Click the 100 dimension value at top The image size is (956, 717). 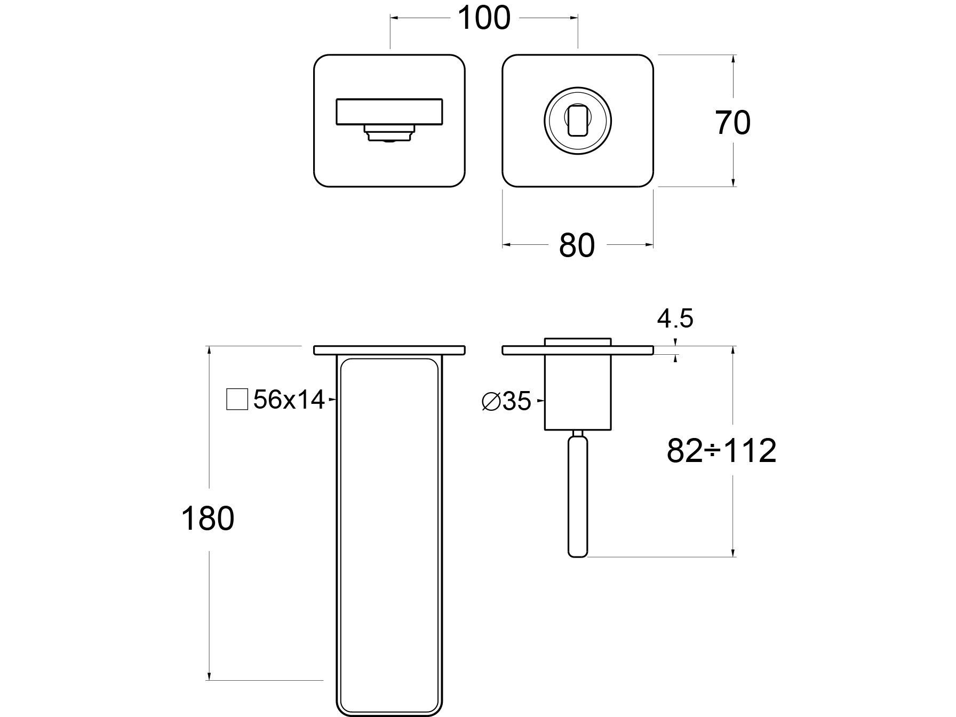[484, 18]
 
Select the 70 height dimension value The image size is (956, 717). [733, 123]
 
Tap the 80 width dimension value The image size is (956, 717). [577, 246]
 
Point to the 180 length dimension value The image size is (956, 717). [208, 519]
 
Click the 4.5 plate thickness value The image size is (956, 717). [675, 319]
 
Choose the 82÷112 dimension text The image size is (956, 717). [721, 451]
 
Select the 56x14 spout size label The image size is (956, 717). [289, 400]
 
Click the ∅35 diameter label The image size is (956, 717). [506, 401]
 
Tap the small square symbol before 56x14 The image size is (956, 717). [237, 399]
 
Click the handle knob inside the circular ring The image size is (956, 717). [577, 120]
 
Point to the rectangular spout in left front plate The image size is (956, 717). [389, 111]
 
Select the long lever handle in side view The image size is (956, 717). [577, 496]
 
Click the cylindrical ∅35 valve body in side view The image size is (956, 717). [577, 392]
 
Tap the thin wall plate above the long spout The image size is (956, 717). [389, 350]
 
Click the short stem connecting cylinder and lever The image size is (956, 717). [577, 433]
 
